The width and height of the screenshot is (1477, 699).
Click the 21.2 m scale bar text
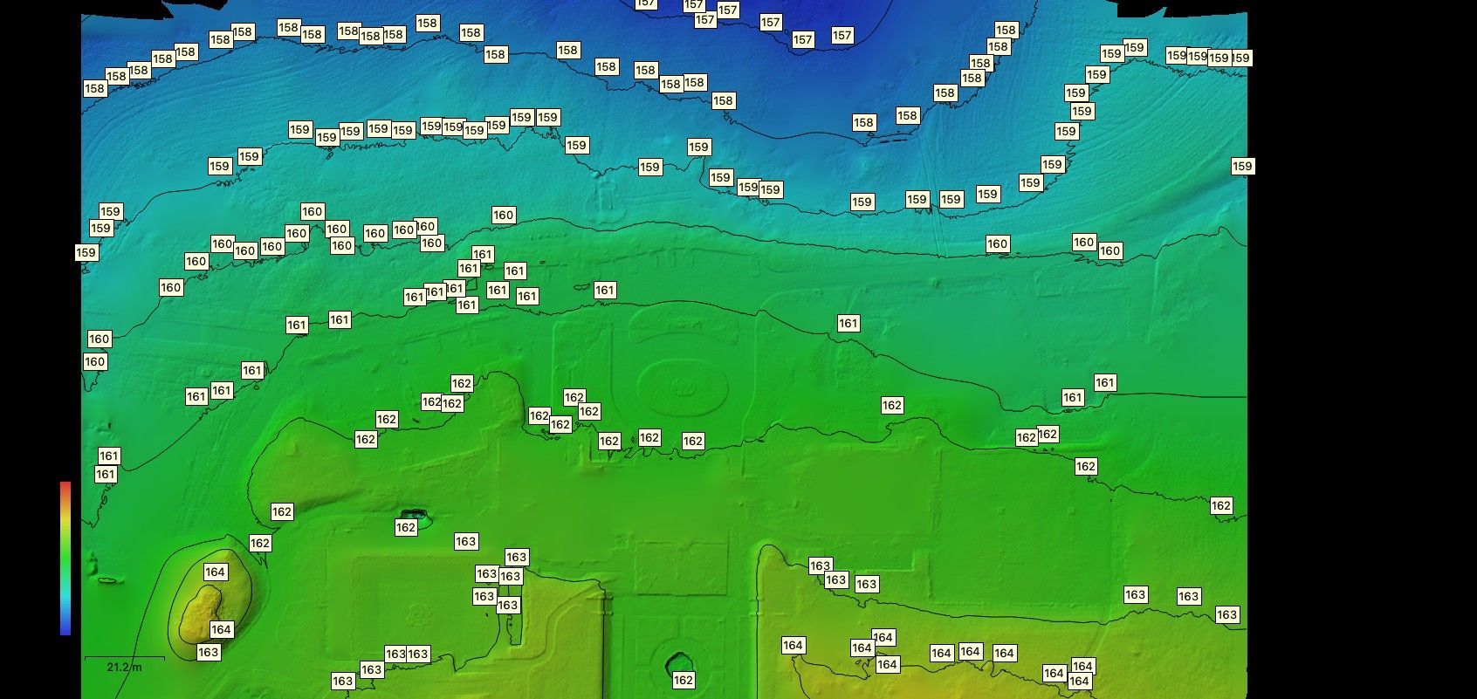coord(124,668)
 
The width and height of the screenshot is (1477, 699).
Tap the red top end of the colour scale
coord(65,485)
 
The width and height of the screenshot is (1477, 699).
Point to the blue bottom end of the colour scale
coord(65,629)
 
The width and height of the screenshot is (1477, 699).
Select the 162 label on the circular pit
coord(684,680)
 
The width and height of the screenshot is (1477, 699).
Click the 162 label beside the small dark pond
coord(406,527)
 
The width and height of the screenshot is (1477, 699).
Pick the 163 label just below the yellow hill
coord(208,652)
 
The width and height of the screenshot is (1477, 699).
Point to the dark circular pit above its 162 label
coord(680,663)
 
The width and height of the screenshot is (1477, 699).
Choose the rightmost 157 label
coord(842,36)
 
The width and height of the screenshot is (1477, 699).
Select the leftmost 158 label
coord(94,88)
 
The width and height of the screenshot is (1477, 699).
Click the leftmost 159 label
coord(86,252)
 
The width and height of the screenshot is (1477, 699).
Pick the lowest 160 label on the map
coord(94,361)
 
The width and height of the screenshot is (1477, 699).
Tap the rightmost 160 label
coord(1109,250)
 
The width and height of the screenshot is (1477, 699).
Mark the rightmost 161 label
coord(1105,382)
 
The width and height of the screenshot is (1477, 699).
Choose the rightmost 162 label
coord(1221,505)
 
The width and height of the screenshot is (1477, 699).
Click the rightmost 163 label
coord(1227,614)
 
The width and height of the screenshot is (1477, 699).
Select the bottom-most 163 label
coord(342,681)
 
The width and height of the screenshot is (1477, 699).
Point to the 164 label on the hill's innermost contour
coord(221,629)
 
